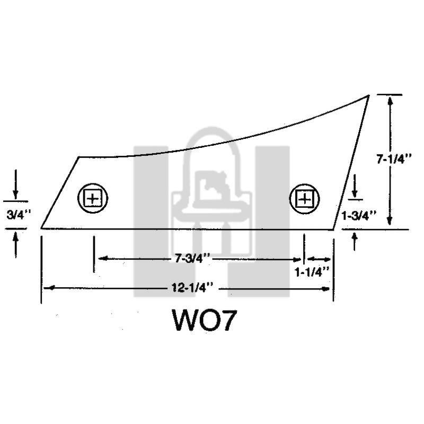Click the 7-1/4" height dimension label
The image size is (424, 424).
[x=394, y=159]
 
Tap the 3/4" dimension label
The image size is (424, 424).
[x=15, y=215]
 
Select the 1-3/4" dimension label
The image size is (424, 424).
[x=359, y=215]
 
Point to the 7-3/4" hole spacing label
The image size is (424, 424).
[x=192, y=259]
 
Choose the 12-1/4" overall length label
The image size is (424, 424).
[x=192, y=288]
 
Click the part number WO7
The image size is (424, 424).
[x=203, y=320]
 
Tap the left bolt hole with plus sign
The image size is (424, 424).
[x=93, y=199]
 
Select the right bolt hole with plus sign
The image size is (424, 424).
[x=304, y=199]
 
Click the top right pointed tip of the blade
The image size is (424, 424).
[x=368, y=95]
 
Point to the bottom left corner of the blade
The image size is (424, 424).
[x=41, y=228]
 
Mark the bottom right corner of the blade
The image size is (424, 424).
[x=334, y=229]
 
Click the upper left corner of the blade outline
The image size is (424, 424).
[x=79, y=157]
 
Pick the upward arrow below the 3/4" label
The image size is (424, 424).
[x=15, y=237]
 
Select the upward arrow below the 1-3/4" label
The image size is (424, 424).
[x=355, y=238]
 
